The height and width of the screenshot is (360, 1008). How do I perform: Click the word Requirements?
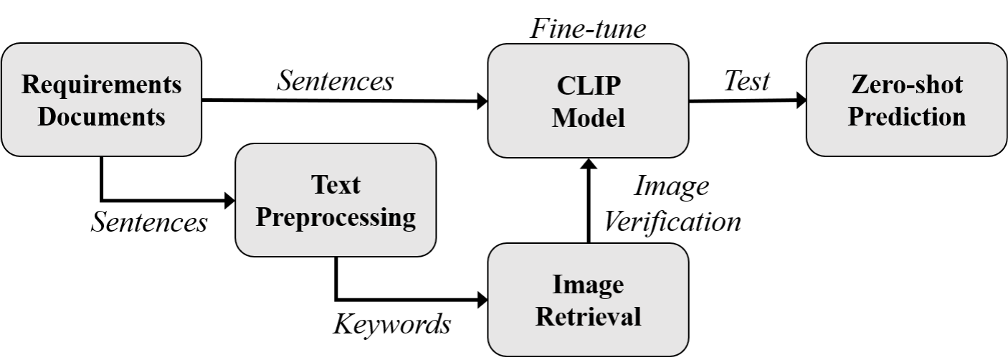pos(101,85)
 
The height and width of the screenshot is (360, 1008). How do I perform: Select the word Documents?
pos(101,116)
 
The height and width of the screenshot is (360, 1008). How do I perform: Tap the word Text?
pos(336,185)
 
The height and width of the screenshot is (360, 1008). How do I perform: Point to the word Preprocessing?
pos(336,217)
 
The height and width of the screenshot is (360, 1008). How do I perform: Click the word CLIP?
pos(588,86)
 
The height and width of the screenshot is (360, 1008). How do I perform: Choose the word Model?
pos(588,118)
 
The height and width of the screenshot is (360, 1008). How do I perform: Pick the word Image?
pos(588,285)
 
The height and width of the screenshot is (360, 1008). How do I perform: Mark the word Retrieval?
pos(588,316)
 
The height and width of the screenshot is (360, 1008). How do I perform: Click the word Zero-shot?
pos(907,85)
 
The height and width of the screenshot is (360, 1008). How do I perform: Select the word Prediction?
pos(907,116)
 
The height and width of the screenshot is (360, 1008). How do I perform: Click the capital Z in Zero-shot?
pos(860,85)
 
